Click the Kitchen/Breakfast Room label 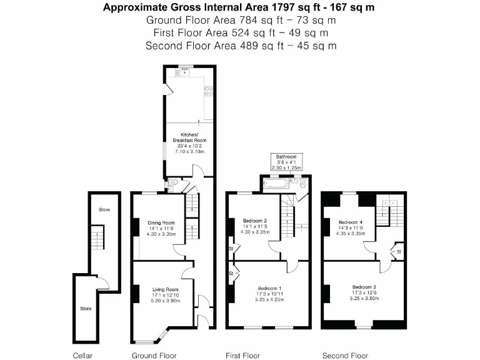189,137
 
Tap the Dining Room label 161,222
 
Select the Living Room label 166,289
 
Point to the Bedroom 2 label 255,221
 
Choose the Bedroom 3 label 364,287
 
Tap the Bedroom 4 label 351,221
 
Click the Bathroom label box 286,162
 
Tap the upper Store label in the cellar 104,210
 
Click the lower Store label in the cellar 85,308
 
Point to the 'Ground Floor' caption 154,356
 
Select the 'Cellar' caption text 82,356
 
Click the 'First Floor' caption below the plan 243,356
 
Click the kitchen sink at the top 185,71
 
